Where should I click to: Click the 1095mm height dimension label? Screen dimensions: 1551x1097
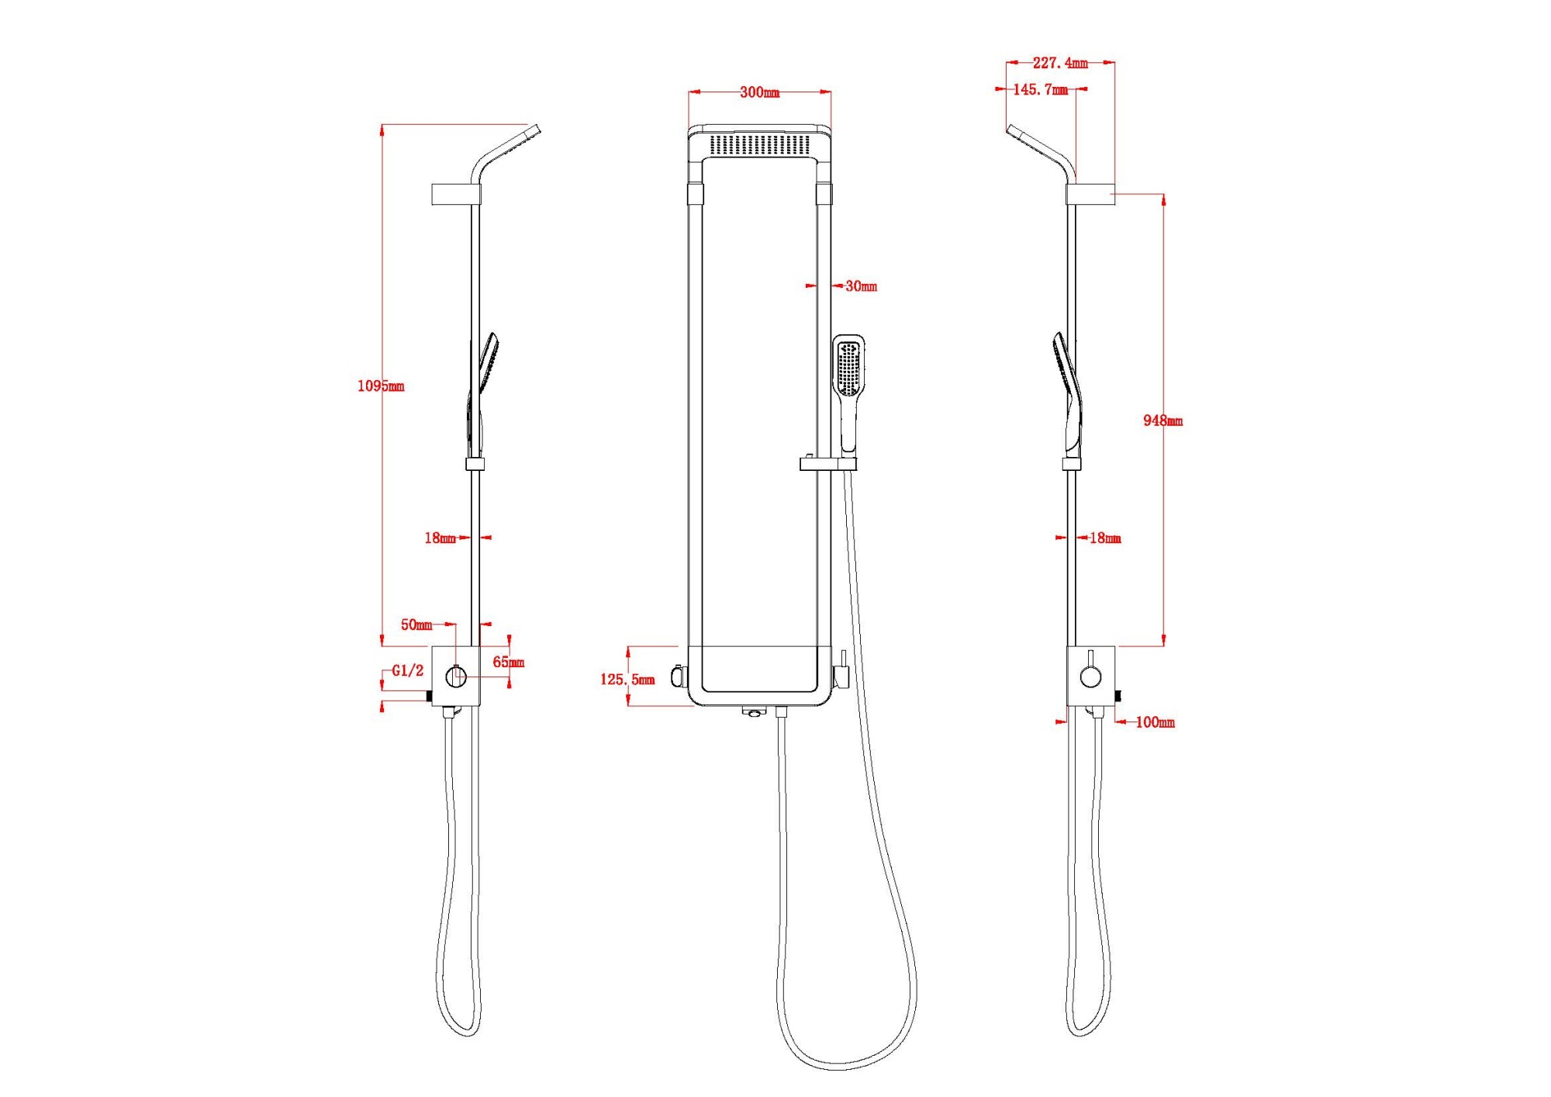(x=381, y=386)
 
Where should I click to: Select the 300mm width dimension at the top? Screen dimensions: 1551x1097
(x=759, y=92)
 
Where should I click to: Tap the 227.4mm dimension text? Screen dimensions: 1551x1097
(x=1060, y=63)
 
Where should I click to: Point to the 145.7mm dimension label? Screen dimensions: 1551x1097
(x=1041, y=90)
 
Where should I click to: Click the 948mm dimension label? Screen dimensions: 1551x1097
(x=1162, y=420)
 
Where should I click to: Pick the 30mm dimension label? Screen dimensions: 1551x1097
(x=861, y=286)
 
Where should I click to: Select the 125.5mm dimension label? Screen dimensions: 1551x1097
(x=627, y=680)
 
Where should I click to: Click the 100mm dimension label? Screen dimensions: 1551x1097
(x=1155, y=722)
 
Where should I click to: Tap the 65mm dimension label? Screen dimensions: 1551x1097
(x=509, y=662)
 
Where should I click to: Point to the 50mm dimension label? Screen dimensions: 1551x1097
(x=416, y=625)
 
